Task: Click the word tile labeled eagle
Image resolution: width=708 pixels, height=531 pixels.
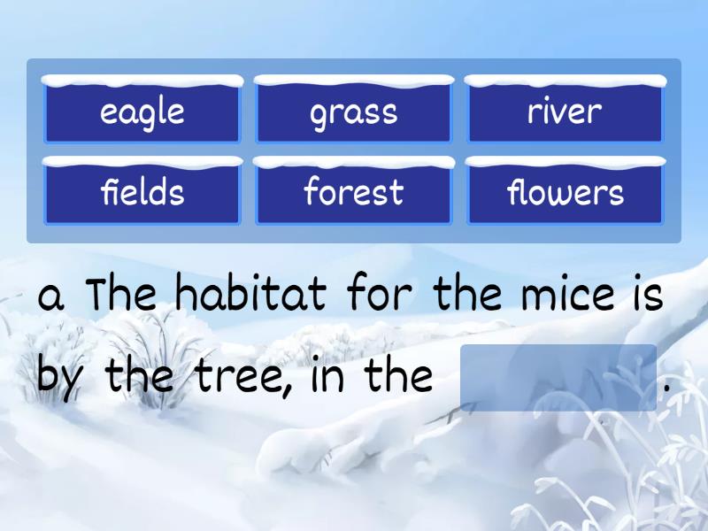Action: click(142, 112)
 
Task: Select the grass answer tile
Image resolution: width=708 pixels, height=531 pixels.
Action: click(353, 112)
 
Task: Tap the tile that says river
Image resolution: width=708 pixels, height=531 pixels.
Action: click(565, 112)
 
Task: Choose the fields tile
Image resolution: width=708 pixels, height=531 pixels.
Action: click(142, 192)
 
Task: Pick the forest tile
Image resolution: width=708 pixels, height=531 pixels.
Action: click(353, 192)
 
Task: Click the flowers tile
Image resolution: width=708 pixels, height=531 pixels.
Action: click(565, 192)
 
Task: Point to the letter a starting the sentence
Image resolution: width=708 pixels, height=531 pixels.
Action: click(52, 296)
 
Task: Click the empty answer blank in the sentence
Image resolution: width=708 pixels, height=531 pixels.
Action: click(558, 378)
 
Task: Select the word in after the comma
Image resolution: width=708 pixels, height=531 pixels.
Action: click(330, 377)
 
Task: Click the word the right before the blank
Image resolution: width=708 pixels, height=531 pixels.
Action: click(399, 377)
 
